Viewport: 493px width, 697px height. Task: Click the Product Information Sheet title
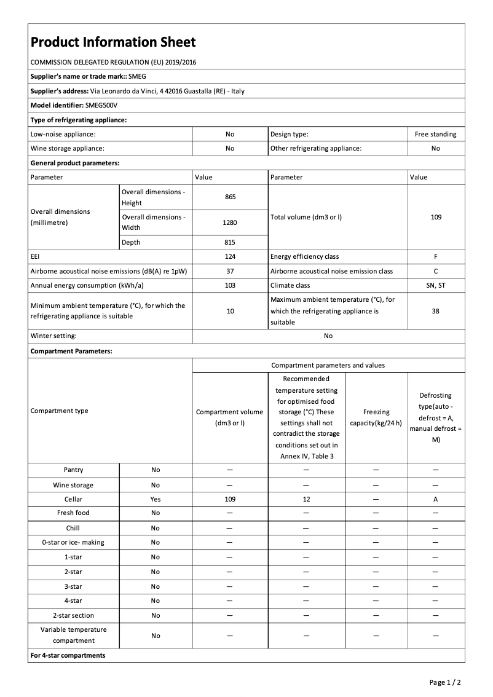[x=113, y=42]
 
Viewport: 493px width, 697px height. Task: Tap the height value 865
[x=230, y=197]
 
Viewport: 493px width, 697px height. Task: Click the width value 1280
[x=230, y=222]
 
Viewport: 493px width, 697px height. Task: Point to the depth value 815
[x=230, y=242]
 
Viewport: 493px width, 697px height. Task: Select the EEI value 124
[x=230, y=256]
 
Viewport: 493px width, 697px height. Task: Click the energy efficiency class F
[x=435, y=256]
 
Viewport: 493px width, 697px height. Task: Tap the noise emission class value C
[x=435, y=271]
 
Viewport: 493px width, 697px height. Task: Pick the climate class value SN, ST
[x=435, y=285]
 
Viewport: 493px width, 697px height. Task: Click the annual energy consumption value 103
[x=230, y=285]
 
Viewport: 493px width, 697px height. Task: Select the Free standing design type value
[x=435, y=134]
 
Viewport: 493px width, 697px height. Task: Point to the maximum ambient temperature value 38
[x=435, y=311]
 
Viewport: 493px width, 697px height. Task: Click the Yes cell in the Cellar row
[x=156, y=500]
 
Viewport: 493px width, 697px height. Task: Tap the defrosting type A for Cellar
[x=435, y=500]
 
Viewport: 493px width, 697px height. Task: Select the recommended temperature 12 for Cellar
[x=306, y=500]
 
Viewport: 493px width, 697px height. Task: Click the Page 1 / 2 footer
[x=444, y=682]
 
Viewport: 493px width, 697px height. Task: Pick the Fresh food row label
[x=73, y=513]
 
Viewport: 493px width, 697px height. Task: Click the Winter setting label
[x=53, y=336]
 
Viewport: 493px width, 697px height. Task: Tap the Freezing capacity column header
[x=376, y=417]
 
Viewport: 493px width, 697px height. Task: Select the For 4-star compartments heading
[x=68, y=655]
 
